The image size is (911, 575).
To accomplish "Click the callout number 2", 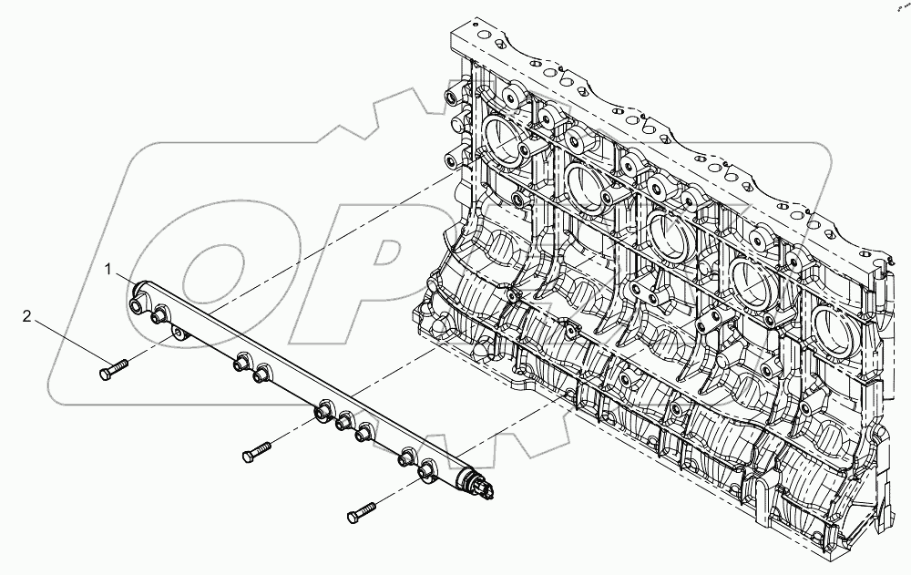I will tap(27, 317).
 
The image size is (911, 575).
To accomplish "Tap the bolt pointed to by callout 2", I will tap(114, 369).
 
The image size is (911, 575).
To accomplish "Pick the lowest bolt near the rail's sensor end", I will tap(361, 512).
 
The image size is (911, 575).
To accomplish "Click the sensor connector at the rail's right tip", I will tap(485, 489).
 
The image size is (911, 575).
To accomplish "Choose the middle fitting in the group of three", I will tap(343, 423).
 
